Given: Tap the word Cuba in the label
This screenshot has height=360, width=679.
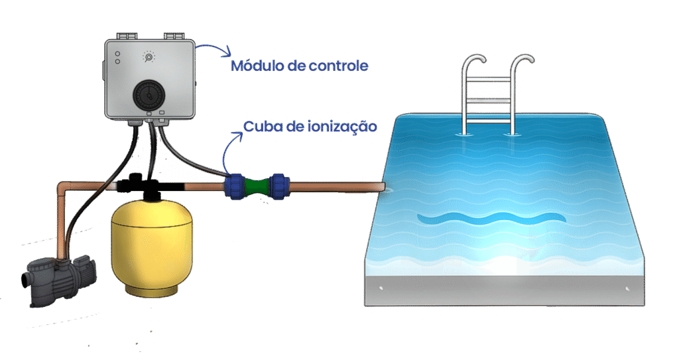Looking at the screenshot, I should click(260, 125).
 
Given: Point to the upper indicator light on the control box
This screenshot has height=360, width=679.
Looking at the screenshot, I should click(117, 53).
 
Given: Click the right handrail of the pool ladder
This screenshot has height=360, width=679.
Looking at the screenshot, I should click(518, 86).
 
